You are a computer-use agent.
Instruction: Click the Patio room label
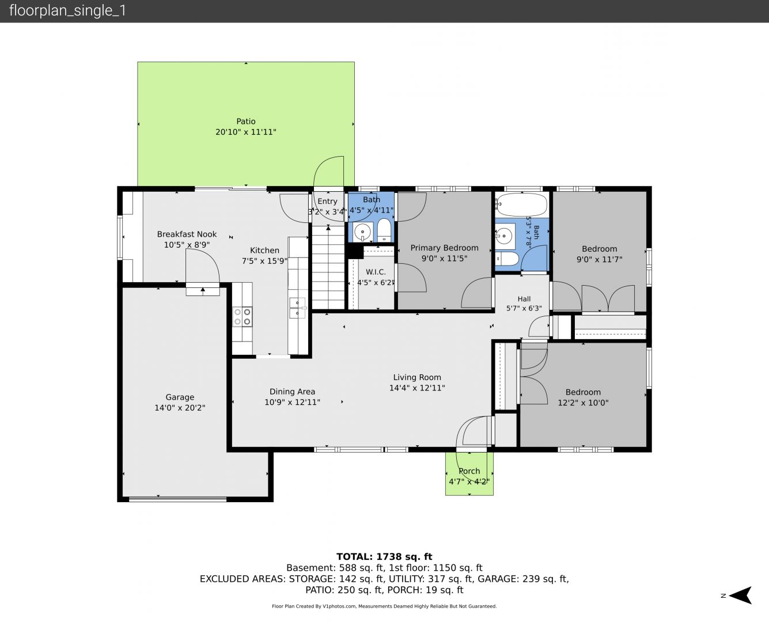click(x=246, y=122)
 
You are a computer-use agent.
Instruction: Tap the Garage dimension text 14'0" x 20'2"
click(x=180, y=408)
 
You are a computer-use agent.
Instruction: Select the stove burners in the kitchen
click(x=243, y=317)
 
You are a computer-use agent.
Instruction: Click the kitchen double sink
click(x=297, y=308)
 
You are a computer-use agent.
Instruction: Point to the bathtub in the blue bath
click(x=522, y=204)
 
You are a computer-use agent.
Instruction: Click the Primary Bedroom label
click(x=445, y=248)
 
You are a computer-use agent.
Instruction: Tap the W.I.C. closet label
click(x=376, y=272)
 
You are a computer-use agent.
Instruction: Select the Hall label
click(x=524, y=299)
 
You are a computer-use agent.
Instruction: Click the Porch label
click(x=469, y=471)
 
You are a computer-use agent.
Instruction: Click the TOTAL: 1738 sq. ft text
click(x=384, y=557)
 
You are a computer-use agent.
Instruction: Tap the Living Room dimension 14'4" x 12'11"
click(x=417, y=388)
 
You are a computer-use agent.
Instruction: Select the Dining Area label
click(x=292, y=391)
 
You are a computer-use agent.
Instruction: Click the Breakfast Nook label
click(x=187, y=234)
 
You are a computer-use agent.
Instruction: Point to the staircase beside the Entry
click(x=328, y=267)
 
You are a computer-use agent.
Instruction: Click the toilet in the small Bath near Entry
click(x=385, y=230)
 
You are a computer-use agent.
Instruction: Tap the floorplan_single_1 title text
click(x=67, y=10)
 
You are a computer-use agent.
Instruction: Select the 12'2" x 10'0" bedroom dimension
click(x=583, y=403)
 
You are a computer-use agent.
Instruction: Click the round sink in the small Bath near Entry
click(x=362, y=232)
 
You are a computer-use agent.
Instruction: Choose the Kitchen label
click(x=264, y=250)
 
